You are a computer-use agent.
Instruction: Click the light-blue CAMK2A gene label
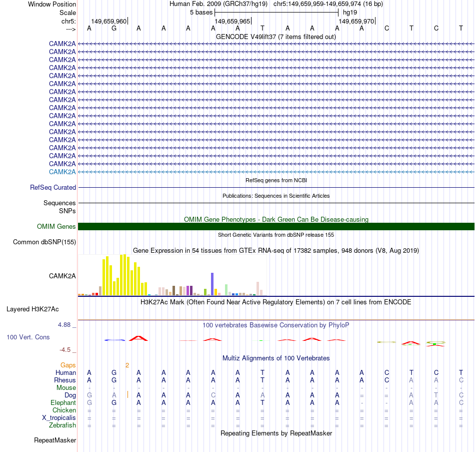click(x=62, y=172)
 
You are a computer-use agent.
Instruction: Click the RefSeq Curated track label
click(x=53, y=187)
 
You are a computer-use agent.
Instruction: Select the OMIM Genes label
click(x=56, y=226)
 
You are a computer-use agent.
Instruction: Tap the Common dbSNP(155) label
click(x=44, y=242)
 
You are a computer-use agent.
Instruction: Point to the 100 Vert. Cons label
click(x=28, y=337)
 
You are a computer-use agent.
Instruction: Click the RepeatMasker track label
click(x=55, y=440)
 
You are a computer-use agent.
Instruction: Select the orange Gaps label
click(x=68, y=365)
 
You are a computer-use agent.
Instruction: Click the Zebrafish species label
click(x=62, y=425)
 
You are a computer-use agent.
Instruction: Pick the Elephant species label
click(x=63, y=402)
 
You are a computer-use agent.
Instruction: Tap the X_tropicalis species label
click(x=59, y=418)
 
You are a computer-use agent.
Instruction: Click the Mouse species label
click(x=66, y=387)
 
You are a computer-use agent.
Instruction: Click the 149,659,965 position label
click(x=232, y=22)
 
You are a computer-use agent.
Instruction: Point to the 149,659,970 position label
click(x=356, y=22)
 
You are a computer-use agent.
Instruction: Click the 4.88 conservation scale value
click(x=65, y=325)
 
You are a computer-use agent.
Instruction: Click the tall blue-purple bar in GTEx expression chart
click(x=212, y=284)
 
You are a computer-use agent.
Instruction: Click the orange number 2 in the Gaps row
click(x=127, y=365)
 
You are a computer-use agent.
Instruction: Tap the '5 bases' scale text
click(x=201, y=12)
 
